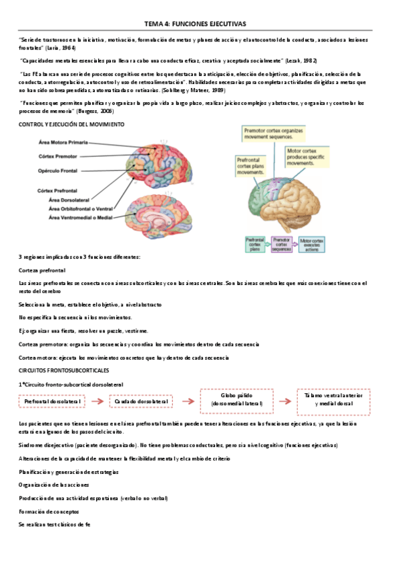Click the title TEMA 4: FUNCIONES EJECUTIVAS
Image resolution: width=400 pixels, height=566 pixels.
click(x=200, y=23)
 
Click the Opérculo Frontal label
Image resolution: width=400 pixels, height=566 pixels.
click(x=62, y=170)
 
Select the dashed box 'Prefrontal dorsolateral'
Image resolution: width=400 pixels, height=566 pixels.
click(x=53, y=401)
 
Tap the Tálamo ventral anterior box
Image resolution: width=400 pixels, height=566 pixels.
click(x=331, y=399)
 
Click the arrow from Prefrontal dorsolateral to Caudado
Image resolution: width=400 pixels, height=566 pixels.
click(x=97, y=401)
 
